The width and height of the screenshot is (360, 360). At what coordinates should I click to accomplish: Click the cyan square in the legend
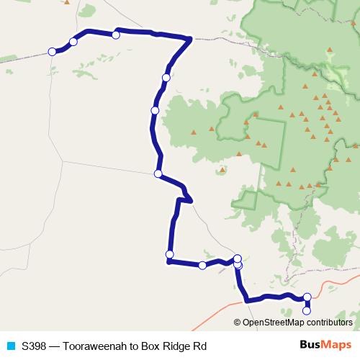coord(11,346)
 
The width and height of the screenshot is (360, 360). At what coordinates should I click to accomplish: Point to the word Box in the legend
coord(150,346)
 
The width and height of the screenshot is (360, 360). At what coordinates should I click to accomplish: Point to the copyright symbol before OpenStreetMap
coord(238,323)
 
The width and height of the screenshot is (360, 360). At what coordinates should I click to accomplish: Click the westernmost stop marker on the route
coord(52,51)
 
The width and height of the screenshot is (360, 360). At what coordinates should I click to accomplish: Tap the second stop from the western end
coord(73,41)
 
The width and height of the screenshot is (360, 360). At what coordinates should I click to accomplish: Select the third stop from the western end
coord(116,35)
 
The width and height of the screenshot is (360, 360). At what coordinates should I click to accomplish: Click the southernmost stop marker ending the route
coord(307,311)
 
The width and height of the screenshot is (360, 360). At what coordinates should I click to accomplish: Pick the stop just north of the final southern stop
coord(307,297)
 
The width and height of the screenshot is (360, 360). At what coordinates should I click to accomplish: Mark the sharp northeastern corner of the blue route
coord(190,39)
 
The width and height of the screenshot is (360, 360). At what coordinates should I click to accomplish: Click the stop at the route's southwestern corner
coord(170,254)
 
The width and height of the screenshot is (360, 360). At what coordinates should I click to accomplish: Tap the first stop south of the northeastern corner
coord(166,77)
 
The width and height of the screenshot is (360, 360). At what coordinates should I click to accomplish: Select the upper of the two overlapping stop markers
coord(238,258)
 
